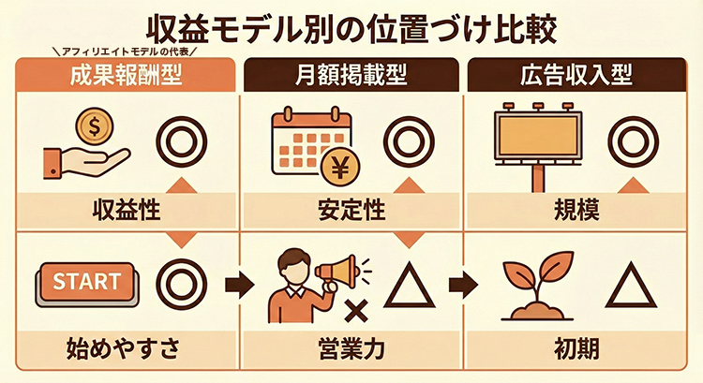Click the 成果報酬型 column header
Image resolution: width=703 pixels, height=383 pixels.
(x=126, y=75)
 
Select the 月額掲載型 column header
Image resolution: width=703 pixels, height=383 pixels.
(x=351, y=75)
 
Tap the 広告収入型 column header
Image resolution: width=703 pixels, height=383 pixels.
(x=576, y=75)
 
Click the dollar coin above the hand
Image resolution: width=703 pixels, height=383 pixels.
(x=94, y=126)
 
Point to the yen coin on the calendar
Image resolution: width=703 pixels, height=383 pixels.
(x=341, y=169)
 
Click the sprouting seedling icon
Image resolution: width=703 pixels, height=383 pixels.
(x=537, y=286)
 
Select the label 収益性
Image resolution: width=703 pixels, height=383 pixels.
(x=126, y=210)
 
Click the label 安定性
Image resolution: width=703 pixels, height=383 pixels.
(x=351, y=210)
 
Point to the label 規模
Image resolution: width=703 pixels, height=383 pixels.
(x=576, y=210)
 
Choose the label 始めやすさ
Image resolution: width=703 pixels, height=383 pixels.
(x=123, y=348)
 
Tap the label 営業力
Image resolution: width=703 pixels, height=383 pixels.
(x=351, y=348)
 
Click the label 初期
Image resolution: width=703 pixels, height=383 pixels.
(x=576, y=348)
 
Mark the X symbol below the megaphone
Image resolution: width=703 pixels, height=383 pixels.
(x=356, y=311)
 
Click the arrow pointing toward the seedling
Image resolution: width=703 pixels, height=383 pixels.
(x=463, y=285)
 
